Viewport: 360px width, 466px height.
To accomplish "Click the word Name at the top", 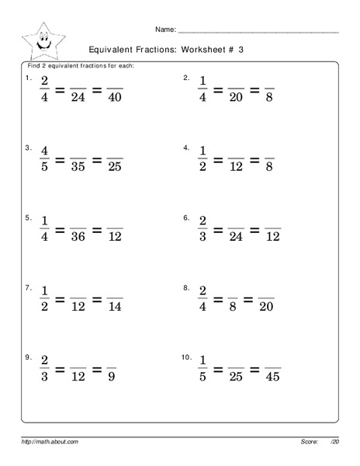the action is [x=165, y=30].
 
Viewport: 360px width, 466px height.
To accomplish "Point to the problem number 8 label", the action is [x=186, y=287].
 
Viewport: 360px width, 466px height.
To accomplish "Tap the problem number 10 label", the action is [x=187, y=357].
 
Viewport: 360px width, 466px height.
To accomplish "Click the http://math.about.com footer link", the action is [x=50, y=441].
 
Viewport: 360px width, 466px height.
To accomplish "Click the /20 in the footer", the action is [x=334, y=441].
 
